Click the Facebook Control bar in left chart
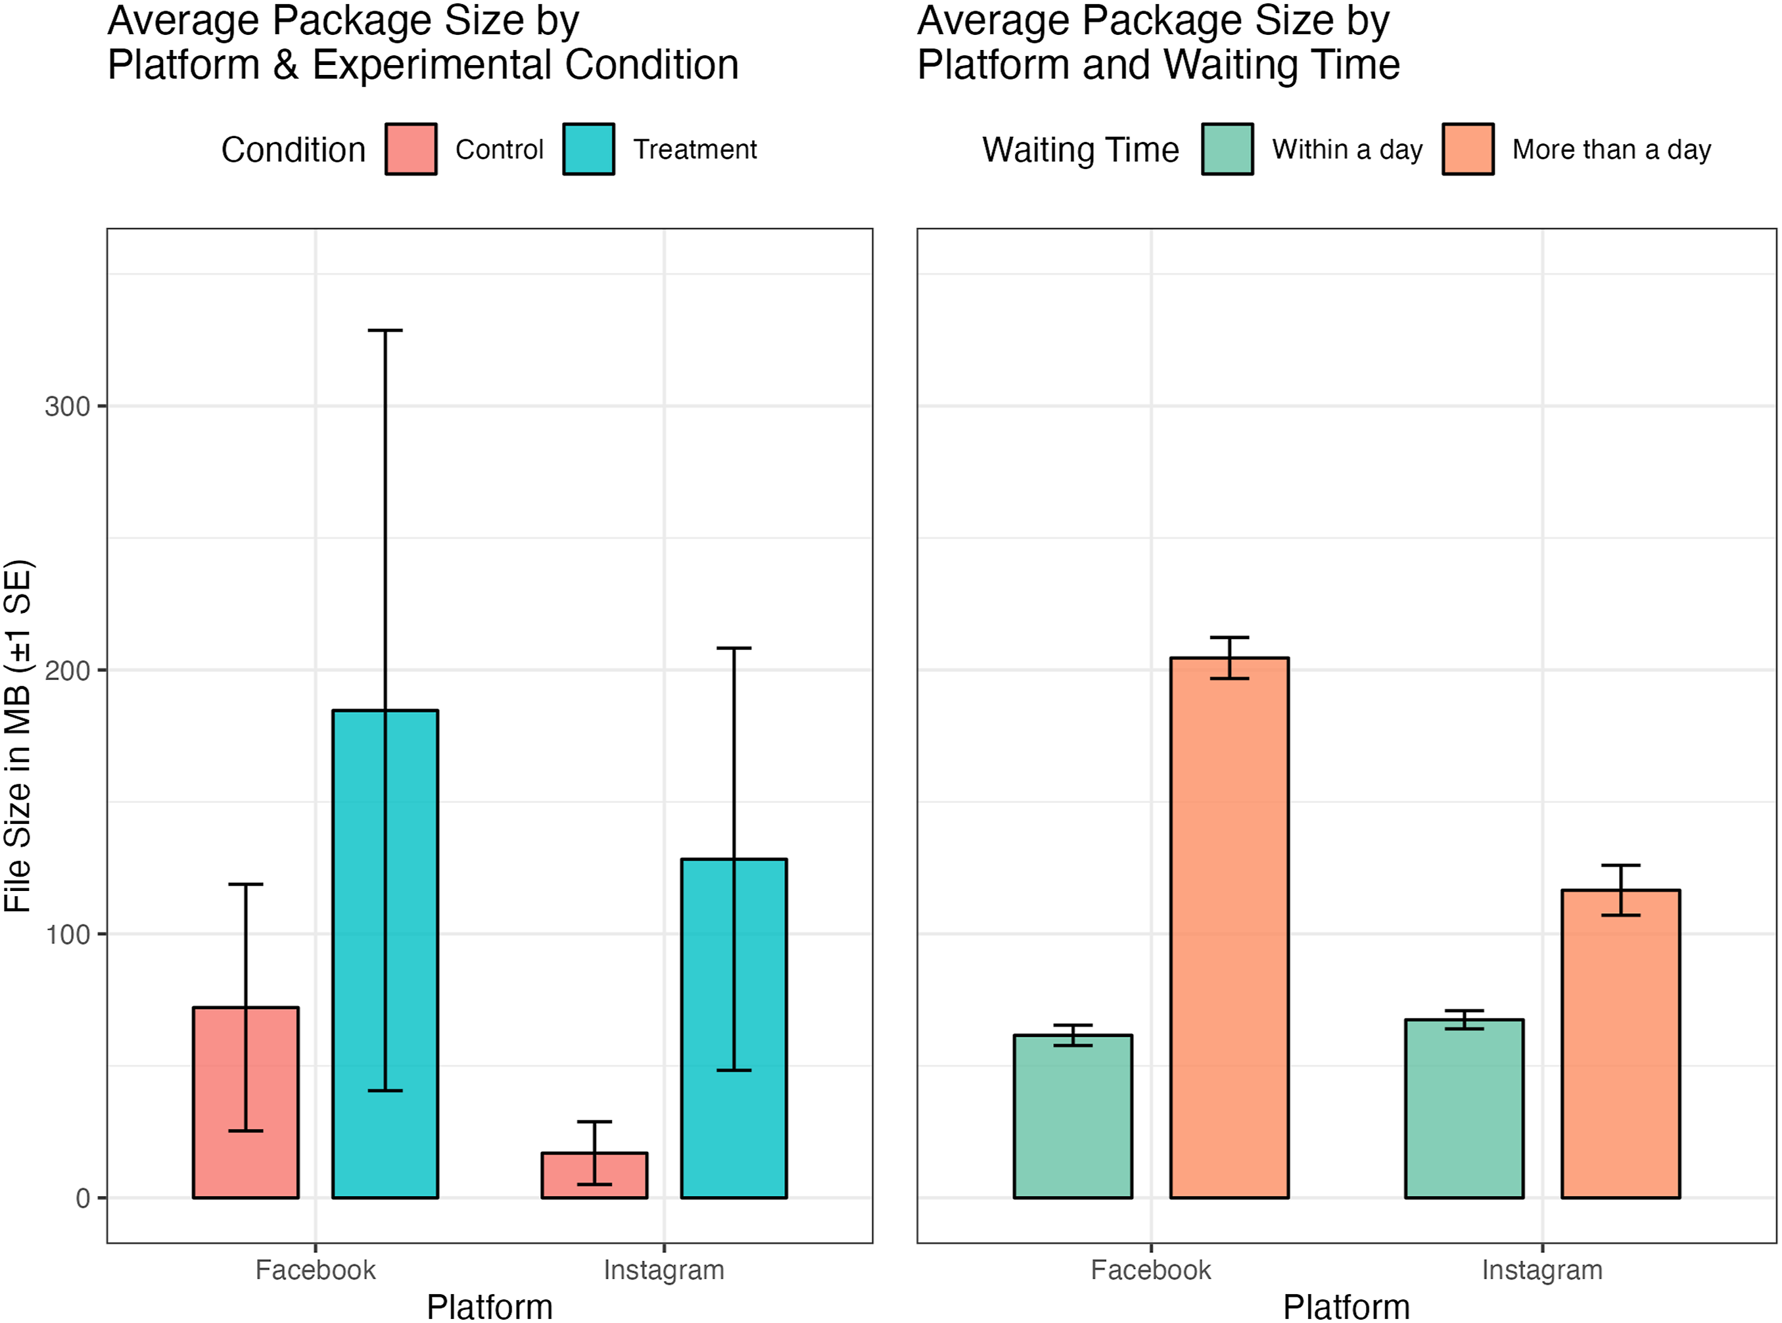tap(246, 1103)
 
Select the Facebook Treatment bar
tap(385, 954)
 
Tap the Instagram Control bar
tap(594, 1175)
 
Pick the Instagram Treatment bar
tap(734, 1028)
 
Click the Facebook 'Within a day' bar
tap(1073, 1117)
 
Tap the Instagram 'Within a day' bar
tap(1465, 1109)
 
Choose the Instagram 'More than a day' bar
tap(1620, 1044)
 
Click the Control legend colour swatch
tap(411, 149)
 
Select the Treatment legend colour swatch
tap(588, 149)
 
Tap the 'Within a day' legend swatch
tap(1227, 149)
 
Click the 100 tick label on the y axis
tap(67, 934)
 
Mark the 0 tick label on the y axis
tap(82, 1198)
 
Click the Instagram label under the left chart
tap(664, 1270)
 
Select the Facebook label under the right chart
tap(1150, 1270)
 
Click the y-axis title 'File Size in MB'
tap(18, 798)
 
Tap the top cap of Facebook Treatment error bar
tap(385, 330)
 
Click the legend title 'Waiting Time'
tap(1081, 150)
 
